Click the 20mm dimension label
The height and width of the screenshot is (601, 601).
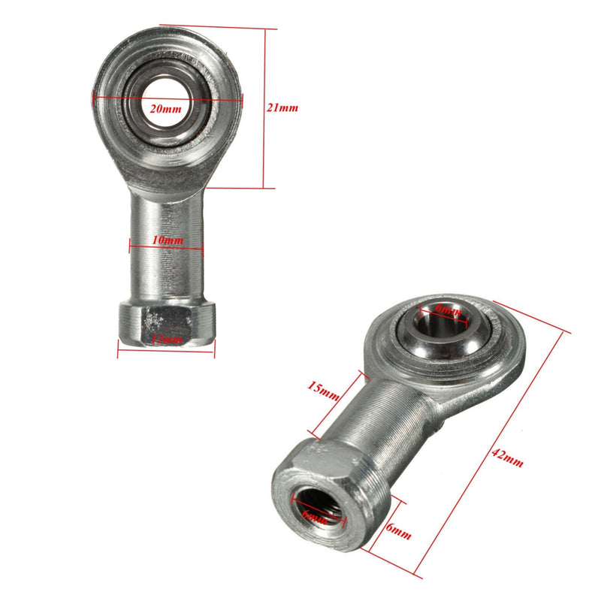click(x=165, y=108)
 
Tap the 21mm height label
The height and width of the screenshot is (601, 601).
click(x=282, y=107)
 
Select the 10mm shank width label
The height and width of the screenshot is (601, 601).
click(x=167, y=240)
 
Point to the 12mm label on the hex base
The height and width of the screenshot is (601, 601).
click(x=167, y=340)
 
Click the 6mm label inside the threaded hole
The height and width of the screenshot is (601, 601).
click(x=316, y=516)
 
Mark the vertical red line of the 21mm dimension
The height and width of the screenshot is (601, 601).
click(x=264, y=108)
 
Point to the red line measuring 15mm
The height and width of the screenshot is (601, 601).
click(x=337, y=406)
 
